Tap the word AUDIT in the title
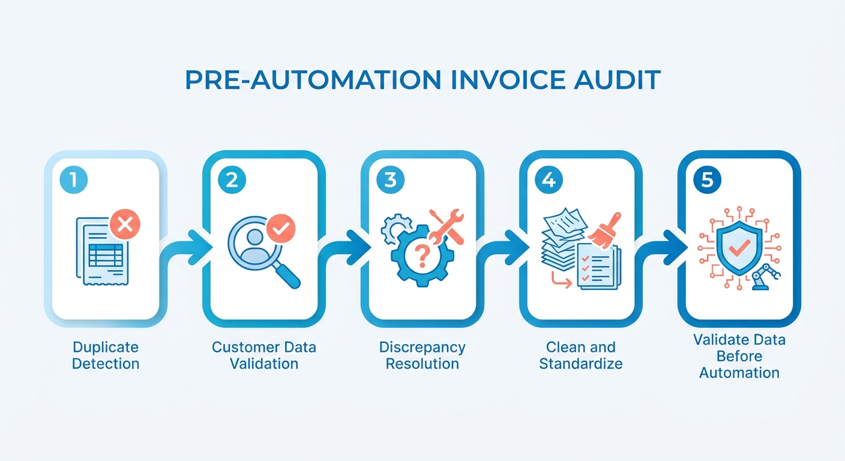tap(617, 80)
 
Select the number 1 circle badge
tap(74, 179)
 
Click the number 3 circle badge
tap(391, 179)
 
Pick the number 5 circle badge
tap(708, 179)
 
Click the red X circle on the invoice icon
tap(125, 224)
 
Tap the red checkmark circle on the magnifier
tap(281, 228)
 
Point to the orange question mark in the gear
tap(422, 256)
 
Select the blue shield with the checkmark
tap(739, 248)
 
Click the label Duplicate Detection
tap(106, 355)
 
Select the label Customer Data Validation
tap(264, 355)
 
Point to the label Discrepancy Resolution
tap(422, 355)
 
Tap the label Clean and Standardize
tap(581, 355)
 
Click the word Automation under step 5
tap(739, 373)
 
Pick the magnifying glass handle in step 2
tap(287, 275)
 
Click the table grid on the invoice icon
tap(106, 255)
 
